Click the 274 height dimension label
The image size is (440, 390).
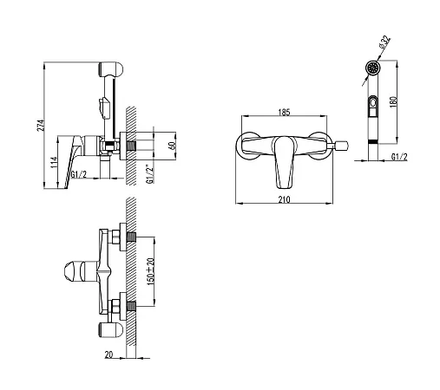(x=42, y=126)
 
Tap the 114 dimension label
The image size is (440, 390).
(x=55, y=164)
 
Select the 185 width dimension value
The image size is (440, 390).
(x=284, y=112)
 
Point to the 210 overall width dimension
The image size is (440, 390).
(x=284, y=199)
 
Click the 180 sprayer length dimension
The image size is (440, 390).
(x=393, y=101)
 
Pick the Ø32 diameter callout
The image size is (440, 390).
(x=384, y=42)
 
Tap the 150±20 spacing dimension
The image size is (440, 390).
(x=151, y=272)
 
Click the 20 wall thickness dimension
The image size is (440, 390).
(x=108, y=354)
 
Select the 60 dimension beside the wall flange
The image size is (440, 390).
(x=172, y=146)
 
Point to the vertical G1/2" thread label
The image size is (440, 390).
(x=149, y=174)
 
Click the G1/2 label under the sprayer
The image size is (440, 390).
(x=399, y=157)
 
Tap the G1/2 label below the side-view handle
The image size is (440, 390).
(x=79, y=174)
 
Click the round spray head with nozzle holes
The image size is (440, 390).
(x=372, y=68)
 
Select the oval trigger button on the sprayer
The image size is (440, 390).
(x=372, y=102)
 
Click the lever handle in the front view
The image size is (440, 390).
(x=285, y=162)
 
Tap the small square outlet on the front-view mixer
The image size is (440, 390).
(x=342, y=146)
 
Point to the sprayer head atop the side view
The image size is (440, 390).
(x=111, y=69)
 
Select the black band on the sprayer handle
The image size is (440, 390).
(x=373, y=141)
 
